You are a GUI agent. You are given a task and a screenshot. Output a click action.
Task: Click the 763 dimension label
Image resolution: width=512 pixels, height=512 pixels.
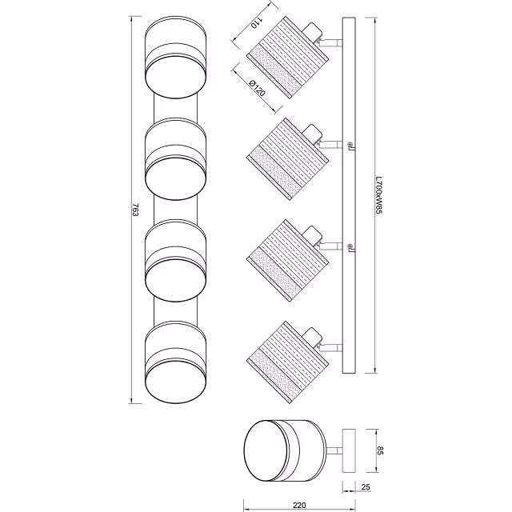136,210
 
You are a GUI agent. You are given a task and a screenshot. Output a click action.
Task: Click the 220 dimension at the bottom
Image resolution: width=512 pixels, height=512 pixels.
300,505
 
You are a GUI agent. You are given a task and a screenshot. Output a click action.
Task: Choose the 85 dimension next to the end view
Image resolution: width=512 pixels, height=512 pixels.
382,451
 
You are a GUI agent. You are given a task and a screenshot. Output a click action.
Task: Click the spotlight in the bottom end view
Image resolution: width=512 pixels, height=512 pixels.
284,451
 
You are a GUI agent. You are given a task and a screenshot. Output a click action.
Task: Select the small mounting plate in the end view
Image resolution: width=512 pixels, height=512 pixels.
350,451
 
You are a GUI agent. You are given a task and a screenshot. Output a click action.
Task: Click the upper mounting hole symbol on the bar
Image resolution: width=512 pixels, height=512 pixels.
350,145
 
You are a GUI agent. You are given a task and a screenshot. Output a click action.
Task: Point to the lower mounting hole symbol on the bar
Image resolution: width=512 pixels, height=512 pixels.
350,245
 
